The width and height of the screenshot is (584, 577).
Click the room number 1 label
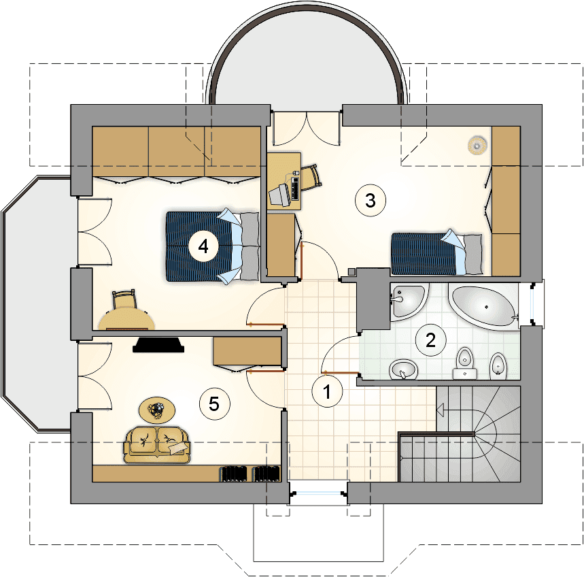tap(327, 391)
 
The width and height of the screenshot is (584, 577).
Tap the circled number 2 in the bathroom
tap(430, 340)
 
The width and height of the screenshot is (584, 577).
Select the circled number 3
tap(371, 201)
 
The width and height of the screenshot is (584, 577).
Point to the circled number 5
tap(214, 403)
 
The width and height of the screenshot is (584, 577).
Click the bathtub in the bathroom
tap(484, 306)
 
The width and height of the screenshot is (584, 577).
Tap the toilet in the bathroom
tap(464, 363)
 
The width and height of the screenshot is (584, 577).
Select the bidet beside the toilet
tap(498, 365)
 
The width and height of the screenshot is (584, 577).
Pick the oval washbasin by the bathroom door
tap(403, 369)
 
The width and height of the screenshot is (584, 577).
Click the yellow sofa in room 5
tap(157, 445)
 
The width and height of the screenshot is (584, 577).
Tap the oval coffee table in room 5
tap(157, 410)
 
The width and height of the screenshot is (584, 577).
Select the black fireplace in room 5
tap(158, 345)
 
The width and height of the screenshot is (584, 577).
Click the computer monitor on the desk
tap(279, 194)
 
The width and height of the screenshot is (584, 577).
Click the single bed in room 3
tap(436, 252)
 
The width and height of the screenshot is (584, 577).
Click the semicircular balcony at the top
tap(308, 56)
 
